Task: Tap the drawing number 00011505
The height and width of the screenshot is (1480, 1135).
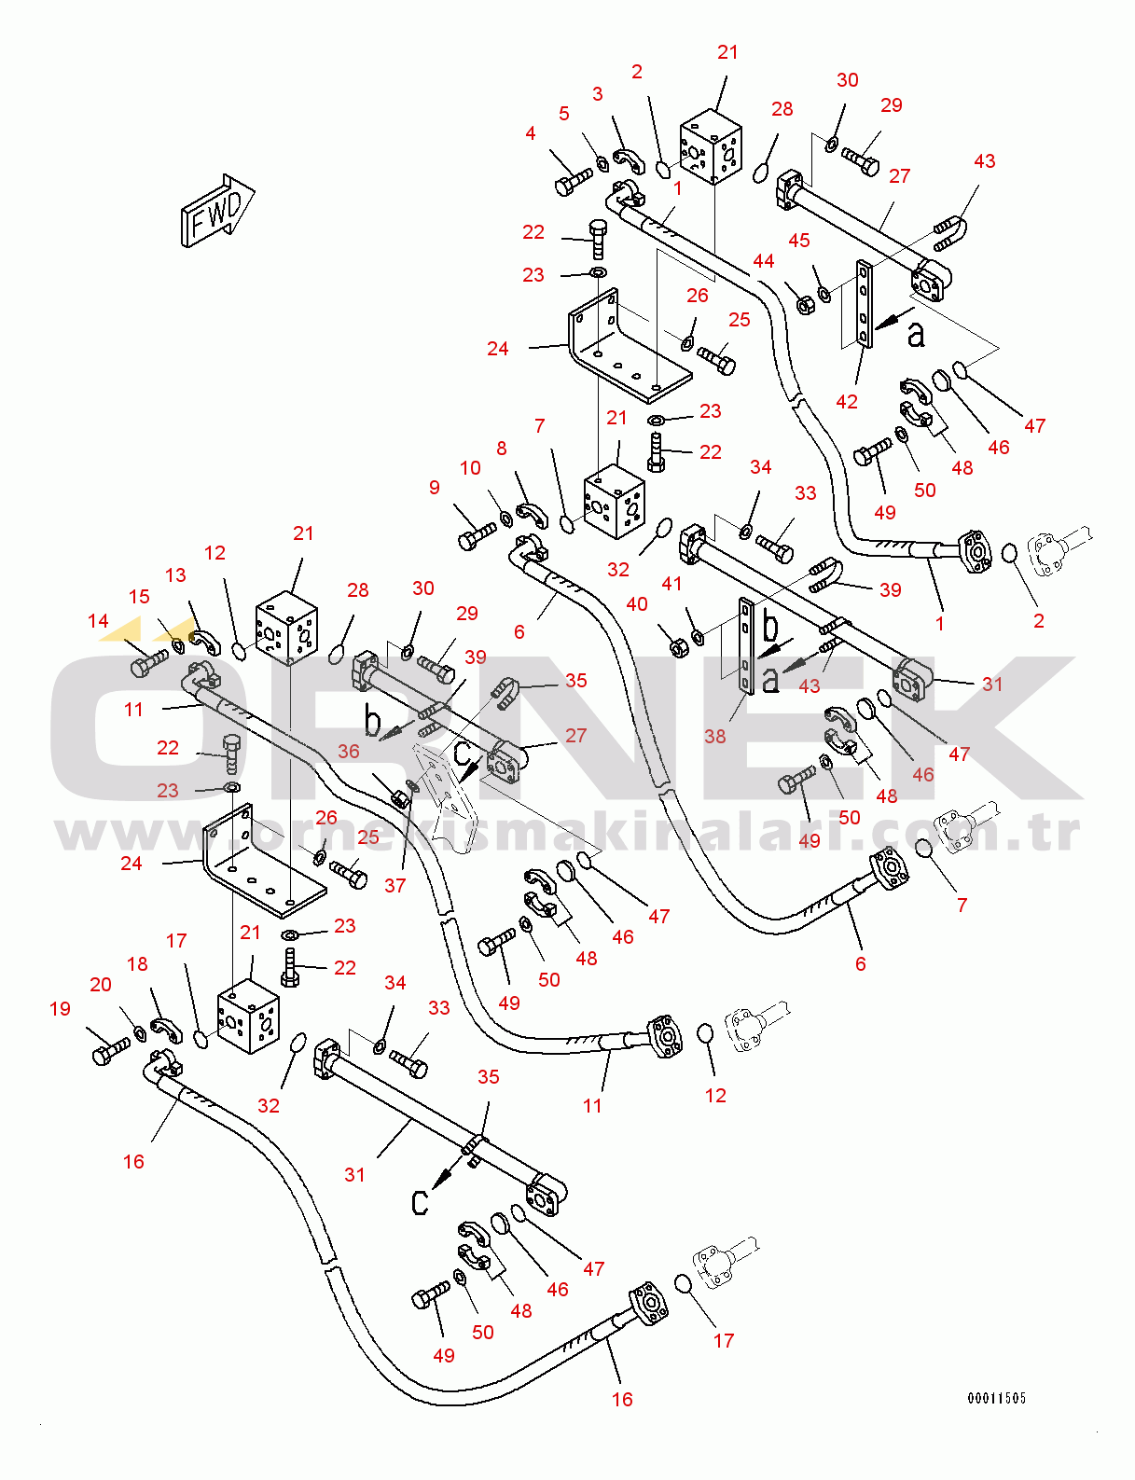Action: coord(997,1398)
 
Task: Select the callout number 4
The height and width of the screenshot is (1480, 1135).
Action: coord(531,133)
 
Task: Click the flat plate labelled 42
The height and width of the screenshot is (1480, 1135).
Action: coord(864,304)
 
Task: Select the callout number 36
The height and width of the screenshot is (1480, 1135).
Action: coord(349,752)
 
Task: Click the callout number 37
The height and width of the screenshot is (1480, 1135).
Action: coord(394,885)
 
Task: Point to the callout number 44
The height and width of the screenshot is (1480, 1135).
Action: coord(763,261)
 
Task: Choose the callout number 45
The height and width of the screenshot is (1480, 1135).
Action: coord(799,241)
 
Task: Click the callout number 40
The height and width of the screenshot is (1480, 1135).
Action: coord(637,604)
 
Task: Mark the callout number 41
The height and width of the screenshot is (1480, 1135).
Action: coord(672,584)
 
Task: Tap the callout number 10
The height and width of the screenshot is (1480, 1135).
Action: coord(470,468)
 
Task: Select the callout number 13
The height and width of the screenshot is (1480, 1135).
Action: coord(175,575)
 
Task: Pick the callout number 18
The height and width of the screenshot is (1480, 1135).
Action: coord(137,964)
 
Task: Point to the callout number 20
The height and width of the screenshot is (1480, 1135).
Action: coord(101,985)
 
